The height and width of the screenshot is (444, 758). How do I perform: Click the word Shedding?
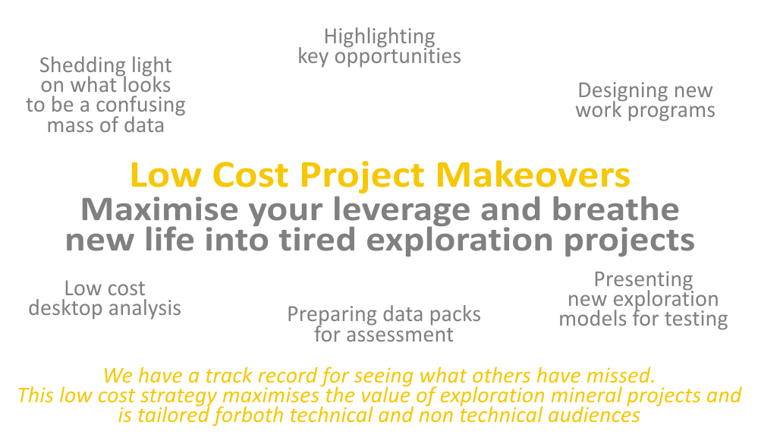pyautogui.click(x=82, y=66)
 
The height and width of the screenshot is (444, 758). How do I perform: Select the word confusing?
pyautogui.click(x=140, y=105)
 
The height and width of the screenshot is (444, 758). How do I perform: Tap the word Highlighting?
pyautogui.click(x=379, y=36)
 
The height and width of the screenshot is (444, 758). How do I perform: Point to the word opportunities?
pyautogui.click(x=398, y=57)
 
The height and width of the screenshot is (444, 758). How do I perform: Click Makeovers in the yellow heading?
pyautogui.click(x=533, y=175)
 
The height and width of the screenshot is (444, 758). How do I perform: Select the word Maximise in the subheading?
pyautogui.click(x=159, y=209)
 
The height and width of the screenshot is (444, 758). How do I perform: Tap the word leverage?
pyautogui.click(x=401, y=211)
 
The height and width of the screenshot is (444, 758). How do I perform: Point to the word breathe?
pyautogui.click(x=615, y=209)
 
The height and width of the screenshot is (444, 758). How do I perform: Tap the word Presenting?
pyautogui.click(x=643, y=280)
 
